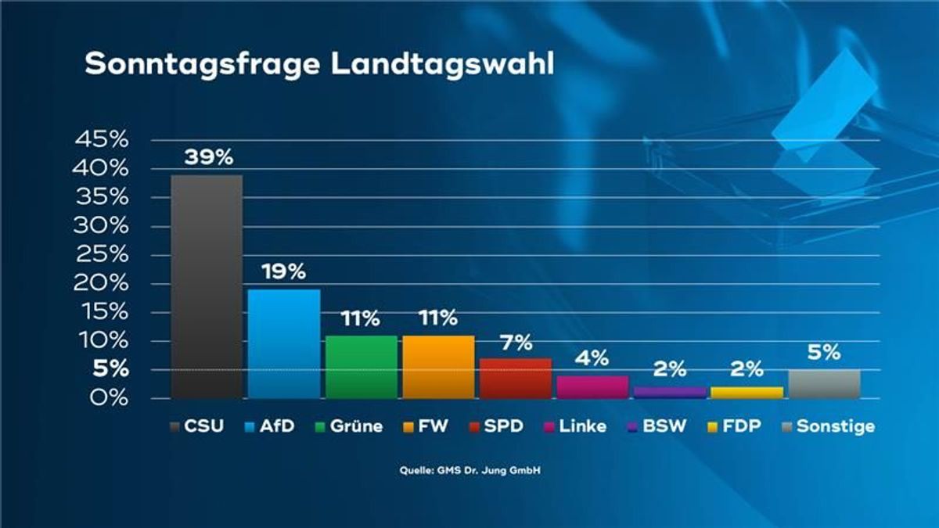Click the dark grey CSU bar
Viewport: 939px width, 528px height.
click(x=207, y=286)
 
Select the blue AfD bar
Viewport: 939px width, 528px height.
click(x=283, y=344)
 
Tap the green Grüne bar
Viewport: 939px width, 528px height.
click(x=361, y=367)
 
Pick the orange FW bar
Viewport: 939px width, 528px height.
click(x=438, y=367)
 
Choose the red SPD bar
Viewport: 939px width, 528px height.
click(x=515, y=379)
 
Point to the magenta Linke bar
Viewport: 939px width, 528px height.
click(x=592, y=387)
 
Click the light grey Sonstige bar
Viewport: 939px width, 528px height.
click(x=824, y=384)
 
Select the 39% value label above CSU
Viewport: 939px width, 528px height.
click(x=208, y=157)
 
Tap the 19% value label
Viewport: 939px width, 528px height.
click(x=285, y=272)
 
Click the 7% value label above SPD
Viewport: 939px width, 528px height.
click(x=516, y=342)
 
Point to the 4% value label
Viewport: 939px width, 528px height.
click(x=593, y=359)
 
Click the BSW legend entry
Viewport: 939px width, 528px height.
click(x=662, y=426)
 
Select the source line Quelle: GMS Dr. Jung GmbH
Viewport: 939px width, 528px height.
click(x=469, y=471)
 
